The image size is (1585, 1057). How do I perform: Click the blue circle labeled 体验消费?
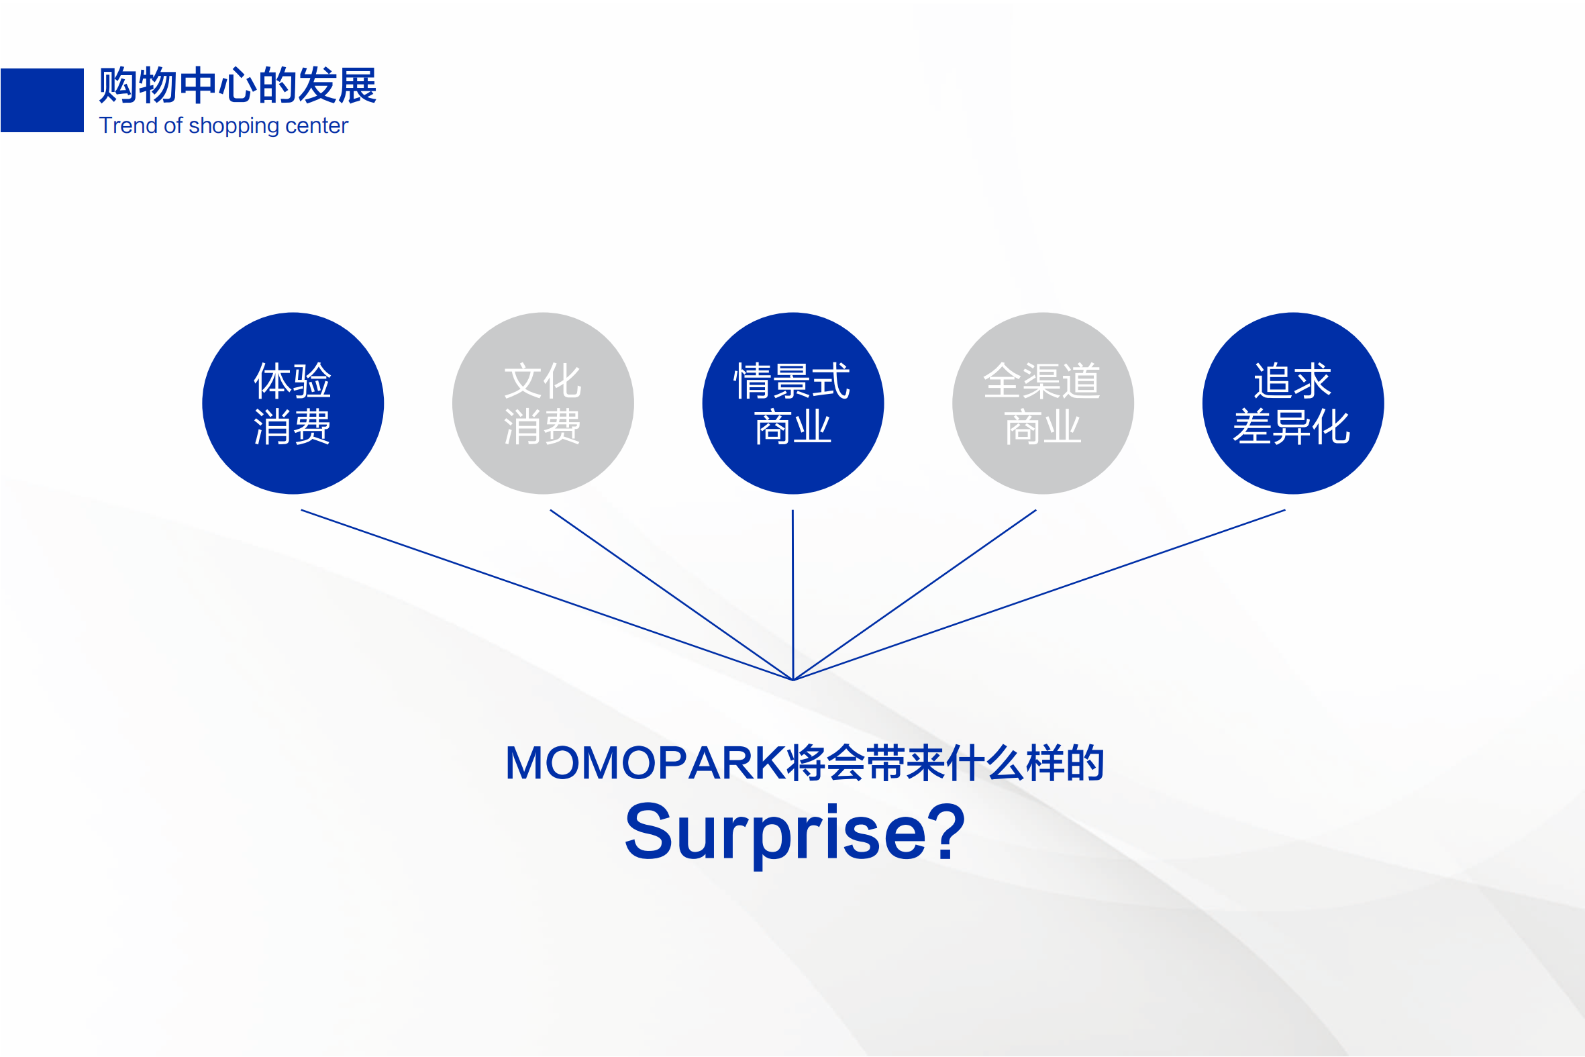coord(293,403)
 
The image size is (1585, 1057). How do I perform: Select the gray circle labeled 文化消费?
coord(543,403)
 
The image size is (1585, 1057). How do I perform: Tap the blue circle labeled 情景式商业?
coord(793,403)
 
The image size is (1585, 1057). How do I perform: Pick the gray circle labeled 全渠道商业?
coord(1043,403)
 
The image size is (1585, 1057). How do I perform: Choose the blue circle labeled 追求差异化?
coord(1293,403)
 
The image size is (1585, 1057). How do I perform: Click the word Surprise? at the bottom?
coord(795,834)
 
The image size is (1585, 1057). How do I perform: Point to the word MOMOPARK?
coord(646,763)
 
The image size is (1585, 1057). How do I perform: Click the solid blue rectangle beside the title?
coord(42,100)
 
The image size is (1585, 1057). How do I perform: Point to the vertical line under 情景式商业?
coord(792,595)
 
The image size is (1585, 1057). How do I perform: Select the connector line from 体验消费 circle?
coord(546,595)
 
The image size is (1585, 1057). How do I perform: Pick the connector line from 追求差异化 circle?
coord(1039,595)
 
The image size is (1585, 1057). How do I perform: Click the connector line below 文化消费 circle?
coord(671,595)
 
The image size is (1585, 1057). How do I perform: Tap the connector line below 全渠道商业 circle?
coord(915,595)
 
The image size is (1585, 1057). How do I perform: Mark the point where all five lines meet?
coord(793,681)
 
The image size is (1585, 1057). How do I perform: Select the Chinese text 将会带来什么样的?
coord(945,763)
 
